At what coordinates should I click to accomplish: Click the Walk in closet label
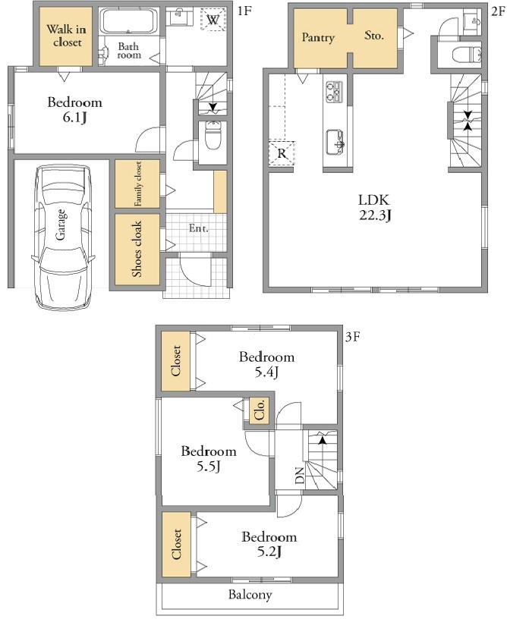(66, 36)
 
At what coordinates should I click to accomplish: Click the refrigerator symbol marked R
(282, 152)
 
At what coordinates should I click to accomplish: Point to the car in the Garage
(62, 237)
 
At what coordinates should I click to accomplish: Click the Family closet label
(138, 184)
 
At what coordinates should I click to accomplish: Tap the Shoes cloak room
(137, 250)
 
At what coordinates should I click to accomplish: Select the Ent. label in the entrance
(199, 228)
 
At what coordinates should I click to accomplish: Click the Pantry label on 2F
(318, 37)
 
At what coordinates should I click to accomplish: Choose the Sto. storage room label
(373, 36)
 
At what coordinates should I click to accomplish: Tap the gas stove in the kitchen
(335, 92)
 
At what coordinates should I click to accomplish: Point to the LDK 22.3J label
(374, 207)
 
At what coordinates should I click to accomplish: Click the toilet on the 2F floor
(468, 54)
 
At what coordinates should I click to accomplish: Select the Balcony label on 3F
(250, 595)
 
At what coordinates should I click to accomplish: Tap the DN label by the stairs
(300, 476)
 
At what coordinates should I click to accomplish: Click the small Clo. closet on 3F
(260, 410)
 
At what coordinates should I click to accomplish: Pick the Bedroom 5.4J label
(266, 364)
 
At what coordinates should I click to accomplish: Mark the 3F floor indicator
(352, 337)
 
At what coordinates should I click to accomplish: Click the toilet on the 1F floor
(213, 135)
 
